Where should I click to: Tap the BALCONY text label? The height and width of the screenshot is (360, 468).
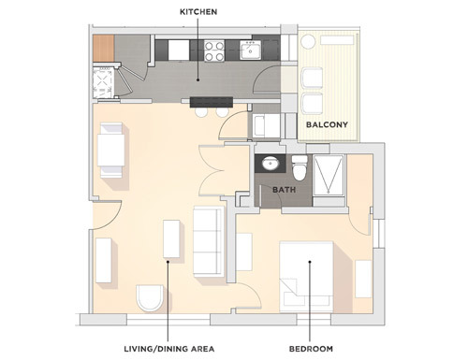pyautogui.click(x=328, y=123)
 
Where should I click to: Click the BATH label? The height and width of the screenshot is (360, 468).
pyautogui.click(x=285, y=190)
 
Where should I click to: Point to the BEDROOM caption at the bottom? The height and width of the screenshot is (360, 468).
pyautogui.click(x=312, y=349)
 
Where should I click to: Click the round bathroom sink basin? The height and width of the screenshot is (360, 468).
pyautogui.click(x=271, y=164)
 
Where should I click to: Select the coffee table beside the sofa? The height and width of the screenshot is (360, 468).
pyautogui.click(x=171, y=239)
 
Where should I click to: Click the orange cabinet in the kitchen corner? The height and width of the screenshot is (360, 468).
pyautogui.click(x=102, y=48)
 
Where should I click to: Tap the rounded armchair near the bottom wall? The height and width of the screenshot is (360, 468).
pyautogui.click(x=150, y=298)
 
